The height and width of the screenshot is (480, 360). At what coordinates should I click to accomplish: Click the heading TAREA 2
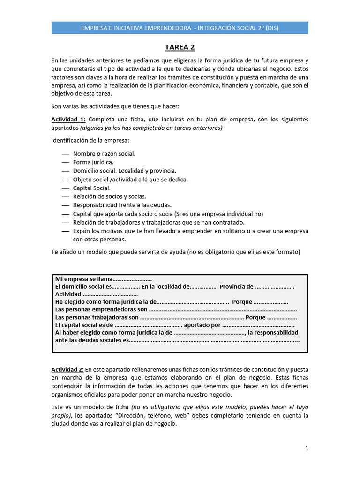pyautogui.click(x=180, y=47)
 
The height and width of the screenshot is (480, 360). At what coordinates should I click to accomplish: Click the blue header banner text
pyautogui.click(x=180, y=28)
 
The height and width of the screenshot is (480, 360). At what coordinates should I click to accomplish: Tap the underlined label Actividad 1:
pyautogui.click(x=68, y=119)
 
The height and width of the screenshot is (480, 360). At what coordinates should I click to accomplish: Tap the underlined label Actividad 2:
pyautogui.click(x=68, y=369)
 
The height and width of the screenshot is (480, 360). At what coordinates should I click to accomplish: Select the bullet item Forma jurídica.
pyautogui.click(x=93, y=162)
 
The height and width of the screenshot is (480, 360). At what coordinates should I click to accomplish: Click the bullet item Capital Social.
pyautogui.click(x=92, y=188)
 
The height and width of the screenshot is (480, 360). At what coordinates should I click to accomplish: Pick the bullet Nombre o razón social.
pyautogui.click(x=104, y=154)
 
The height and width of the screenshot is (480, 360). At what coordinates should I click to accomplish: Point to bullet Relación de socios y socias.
pyautogui.click(x=110, y=196)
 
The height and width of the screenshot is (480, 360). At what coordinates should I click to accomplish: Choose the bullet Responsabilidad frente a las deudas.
pyautogui.click(x=122, y=205)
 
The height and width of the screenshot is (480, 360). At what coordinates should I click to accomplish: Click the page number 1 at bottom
pyautogui.click(x=307, y=448)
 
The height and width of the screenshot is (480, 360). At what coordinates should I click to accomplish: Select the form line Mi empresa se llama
pyautogui.click(x=103, y=279)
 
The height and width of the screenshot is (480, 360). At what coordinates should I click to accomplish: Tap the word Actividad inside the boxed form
pyautogui.click(x=68, y=294)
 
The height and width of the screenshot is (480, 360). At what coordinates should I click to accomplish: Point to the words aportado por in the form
pyautogui.click(x=202, y=324)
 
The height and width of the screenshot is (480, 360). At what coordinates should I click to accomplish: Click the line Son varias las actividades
pyautogui.click(x=120, y=106)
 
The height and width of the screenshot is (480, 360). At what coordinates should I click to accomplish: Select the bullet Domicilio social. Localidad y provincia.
pyautogui.click(x=125, y=171)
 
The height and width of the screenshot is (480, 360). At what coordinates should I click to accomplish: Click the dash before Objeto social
pyautogui.click(x=65, y=180)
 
